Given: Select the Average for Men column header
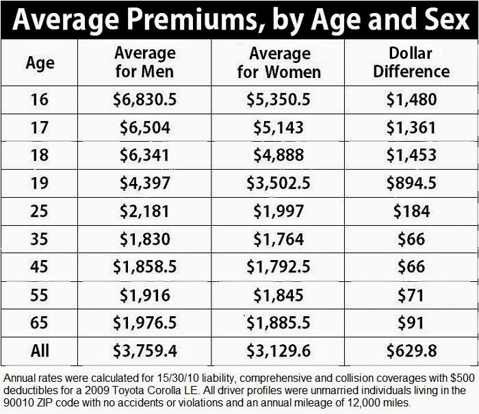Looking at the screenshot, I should tap(145, 62).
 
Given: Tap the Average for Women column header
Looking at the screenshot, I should tap(279, 62).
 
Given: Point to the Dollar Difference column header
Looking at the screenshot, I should tap(411, 62).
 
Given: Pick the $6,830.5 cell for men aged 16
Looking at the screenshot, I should tap(145, 100).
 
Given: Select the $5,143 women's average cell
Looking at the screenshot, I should tap(279, 127).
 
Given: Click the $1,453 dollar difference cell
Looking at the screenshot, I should tap(411, 155).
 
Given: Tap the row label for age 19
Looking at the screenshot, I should tap(40, 183).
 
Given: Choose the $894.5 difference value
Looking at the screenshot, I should tap(411, 183).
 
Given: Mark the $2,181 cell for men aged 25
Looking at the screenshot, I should tap(145, 211).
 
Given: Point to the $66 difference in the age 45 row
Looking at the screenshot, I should tap(411, 266).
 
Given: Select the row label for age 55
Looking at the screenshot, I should tap(40, 294).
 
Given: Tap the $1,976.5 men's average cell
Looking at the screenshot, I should tap(145, 322).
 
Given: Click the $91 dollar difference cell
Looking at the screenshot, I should tap(411, 322).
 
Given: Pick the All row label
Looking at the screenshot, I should tap(40, 351).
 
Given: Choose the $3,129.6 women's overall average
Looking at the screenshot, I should tap(279, 351).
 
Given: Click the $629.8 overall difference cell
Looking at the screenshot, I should tap(411, 351).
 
